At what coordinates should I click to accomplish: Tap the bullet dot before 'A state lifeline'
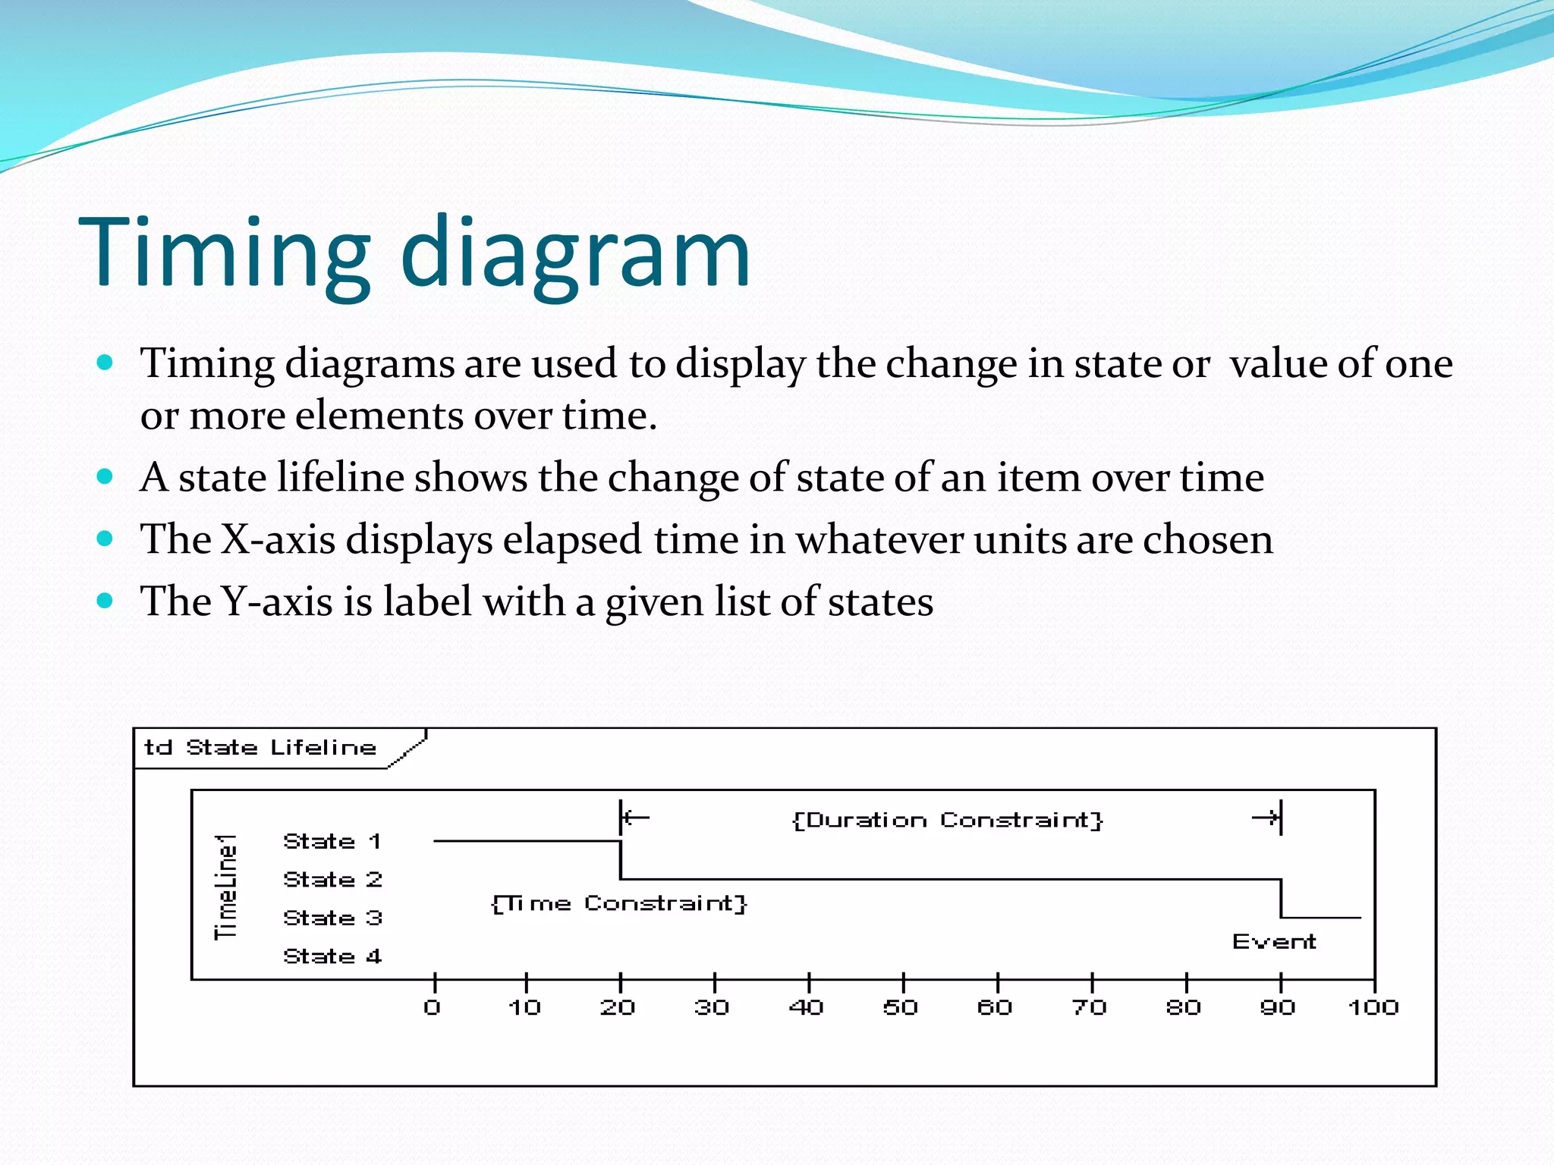pos(105,477)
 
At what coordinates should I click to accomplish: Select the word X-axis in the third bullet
pos(278,539)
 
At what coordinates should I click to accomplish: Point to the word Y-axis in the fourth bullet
pos(276,601)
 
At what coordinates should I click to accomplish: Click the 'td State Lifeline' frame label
pos(260,748)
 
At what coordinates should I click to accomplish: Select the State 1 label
pos(332,841)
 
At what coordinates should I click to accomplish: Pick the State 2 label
pos(332,880)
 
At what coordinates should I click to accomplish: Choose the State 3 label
pos(332,918)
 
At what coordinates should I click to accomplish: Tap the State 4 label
pos(332,956)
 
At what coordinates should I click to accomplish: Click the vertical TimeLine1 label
pos(226,887)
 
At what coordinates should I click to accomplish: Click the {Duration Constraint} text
pos(947,820)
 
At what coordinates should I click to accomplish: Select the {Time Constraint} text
pos(619,903)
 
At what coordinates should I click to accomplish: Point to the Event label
pos(1274,942)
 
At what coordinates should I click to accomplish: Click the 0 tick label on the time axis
pos(433,1008)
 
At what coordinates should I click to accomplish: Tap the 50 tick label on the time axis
pos(901,1008)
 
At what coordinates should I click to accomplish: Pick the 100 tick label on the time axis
pos(1373,1008)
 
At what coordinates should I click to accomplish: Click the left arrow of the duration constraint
pos(636,818)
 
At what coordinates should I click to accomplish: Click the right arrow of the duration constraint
pos(1266,818)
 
